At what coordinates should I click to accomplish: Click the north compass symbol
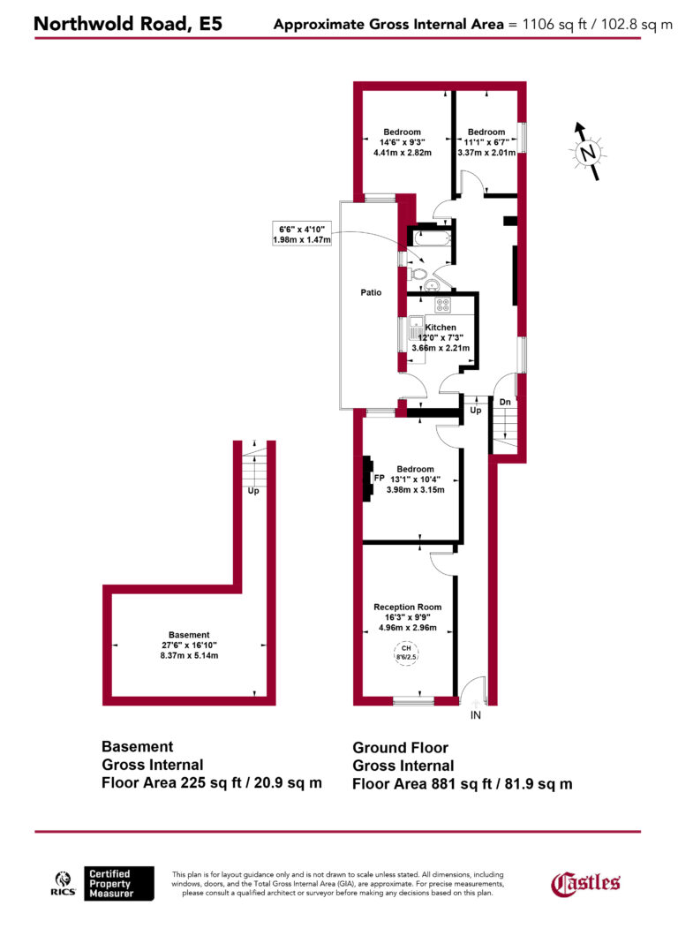click(587, 152)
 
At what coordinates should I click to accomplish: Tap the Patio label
click(371, 292)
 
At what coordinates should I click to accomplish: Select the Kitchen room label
click(441, 327)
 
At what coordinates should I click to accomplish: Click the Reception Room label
click(407, 608)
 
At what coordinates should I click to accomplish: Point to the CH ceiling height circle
click(407, 654)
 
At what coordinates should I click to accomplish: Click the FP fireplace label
click(380, 478)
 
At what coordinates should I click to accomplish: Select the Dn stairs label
click(504, 402)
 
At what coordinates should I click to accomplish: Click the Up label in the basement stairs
click(253, 490)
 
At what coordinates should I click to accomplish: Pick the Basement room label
click(190, 635)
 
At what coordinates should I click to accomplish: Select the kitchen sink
click(416, 334)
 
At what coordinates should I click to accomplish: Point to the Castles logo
click(585, 882)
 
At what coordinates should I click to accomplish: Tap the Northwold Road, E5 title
click(127, 24)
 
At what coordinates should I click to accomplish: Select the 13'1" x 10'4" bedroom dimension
click(415, 479)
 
